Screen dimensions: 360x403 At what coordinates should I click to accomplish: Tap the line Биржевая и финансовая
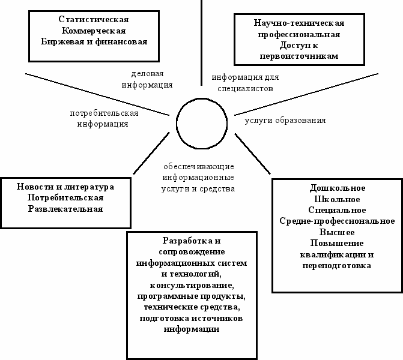tap(94, 41)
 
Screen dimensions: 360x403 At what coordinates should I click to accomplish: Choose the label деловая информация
tap(147, 79)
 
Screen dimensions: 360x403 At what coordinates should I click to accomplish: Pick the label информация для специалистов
tap(244, 82)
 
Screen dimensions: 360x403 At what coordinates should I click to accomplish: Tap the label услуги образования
tap(285, 120)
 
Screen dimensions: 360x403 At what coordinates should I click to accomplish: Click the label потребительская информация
tap(104, 118)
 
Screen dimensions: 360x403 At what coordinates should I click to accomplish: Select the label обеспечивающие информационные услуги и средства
tap(198, 178)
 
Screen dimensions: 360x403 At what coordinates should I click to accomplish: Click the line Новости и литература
tap(65, 187)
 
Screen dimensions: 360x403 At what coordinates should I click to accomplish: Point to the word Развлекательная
tap(65, 209)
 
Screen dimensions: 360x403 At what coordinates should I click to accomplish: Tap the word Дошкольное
tap(337, 188)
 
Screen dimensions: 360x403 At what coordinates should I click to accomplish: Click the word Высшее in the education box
tap(337, 232)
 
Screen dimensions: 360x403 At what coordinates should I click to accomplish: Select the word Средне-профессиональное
tap(337, 221)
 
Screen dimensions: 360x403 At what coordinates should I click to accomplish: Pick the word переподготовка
tap(337, 265)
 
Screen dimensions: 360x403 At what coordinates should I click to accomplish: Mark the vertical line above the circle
tap(201, 42)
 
